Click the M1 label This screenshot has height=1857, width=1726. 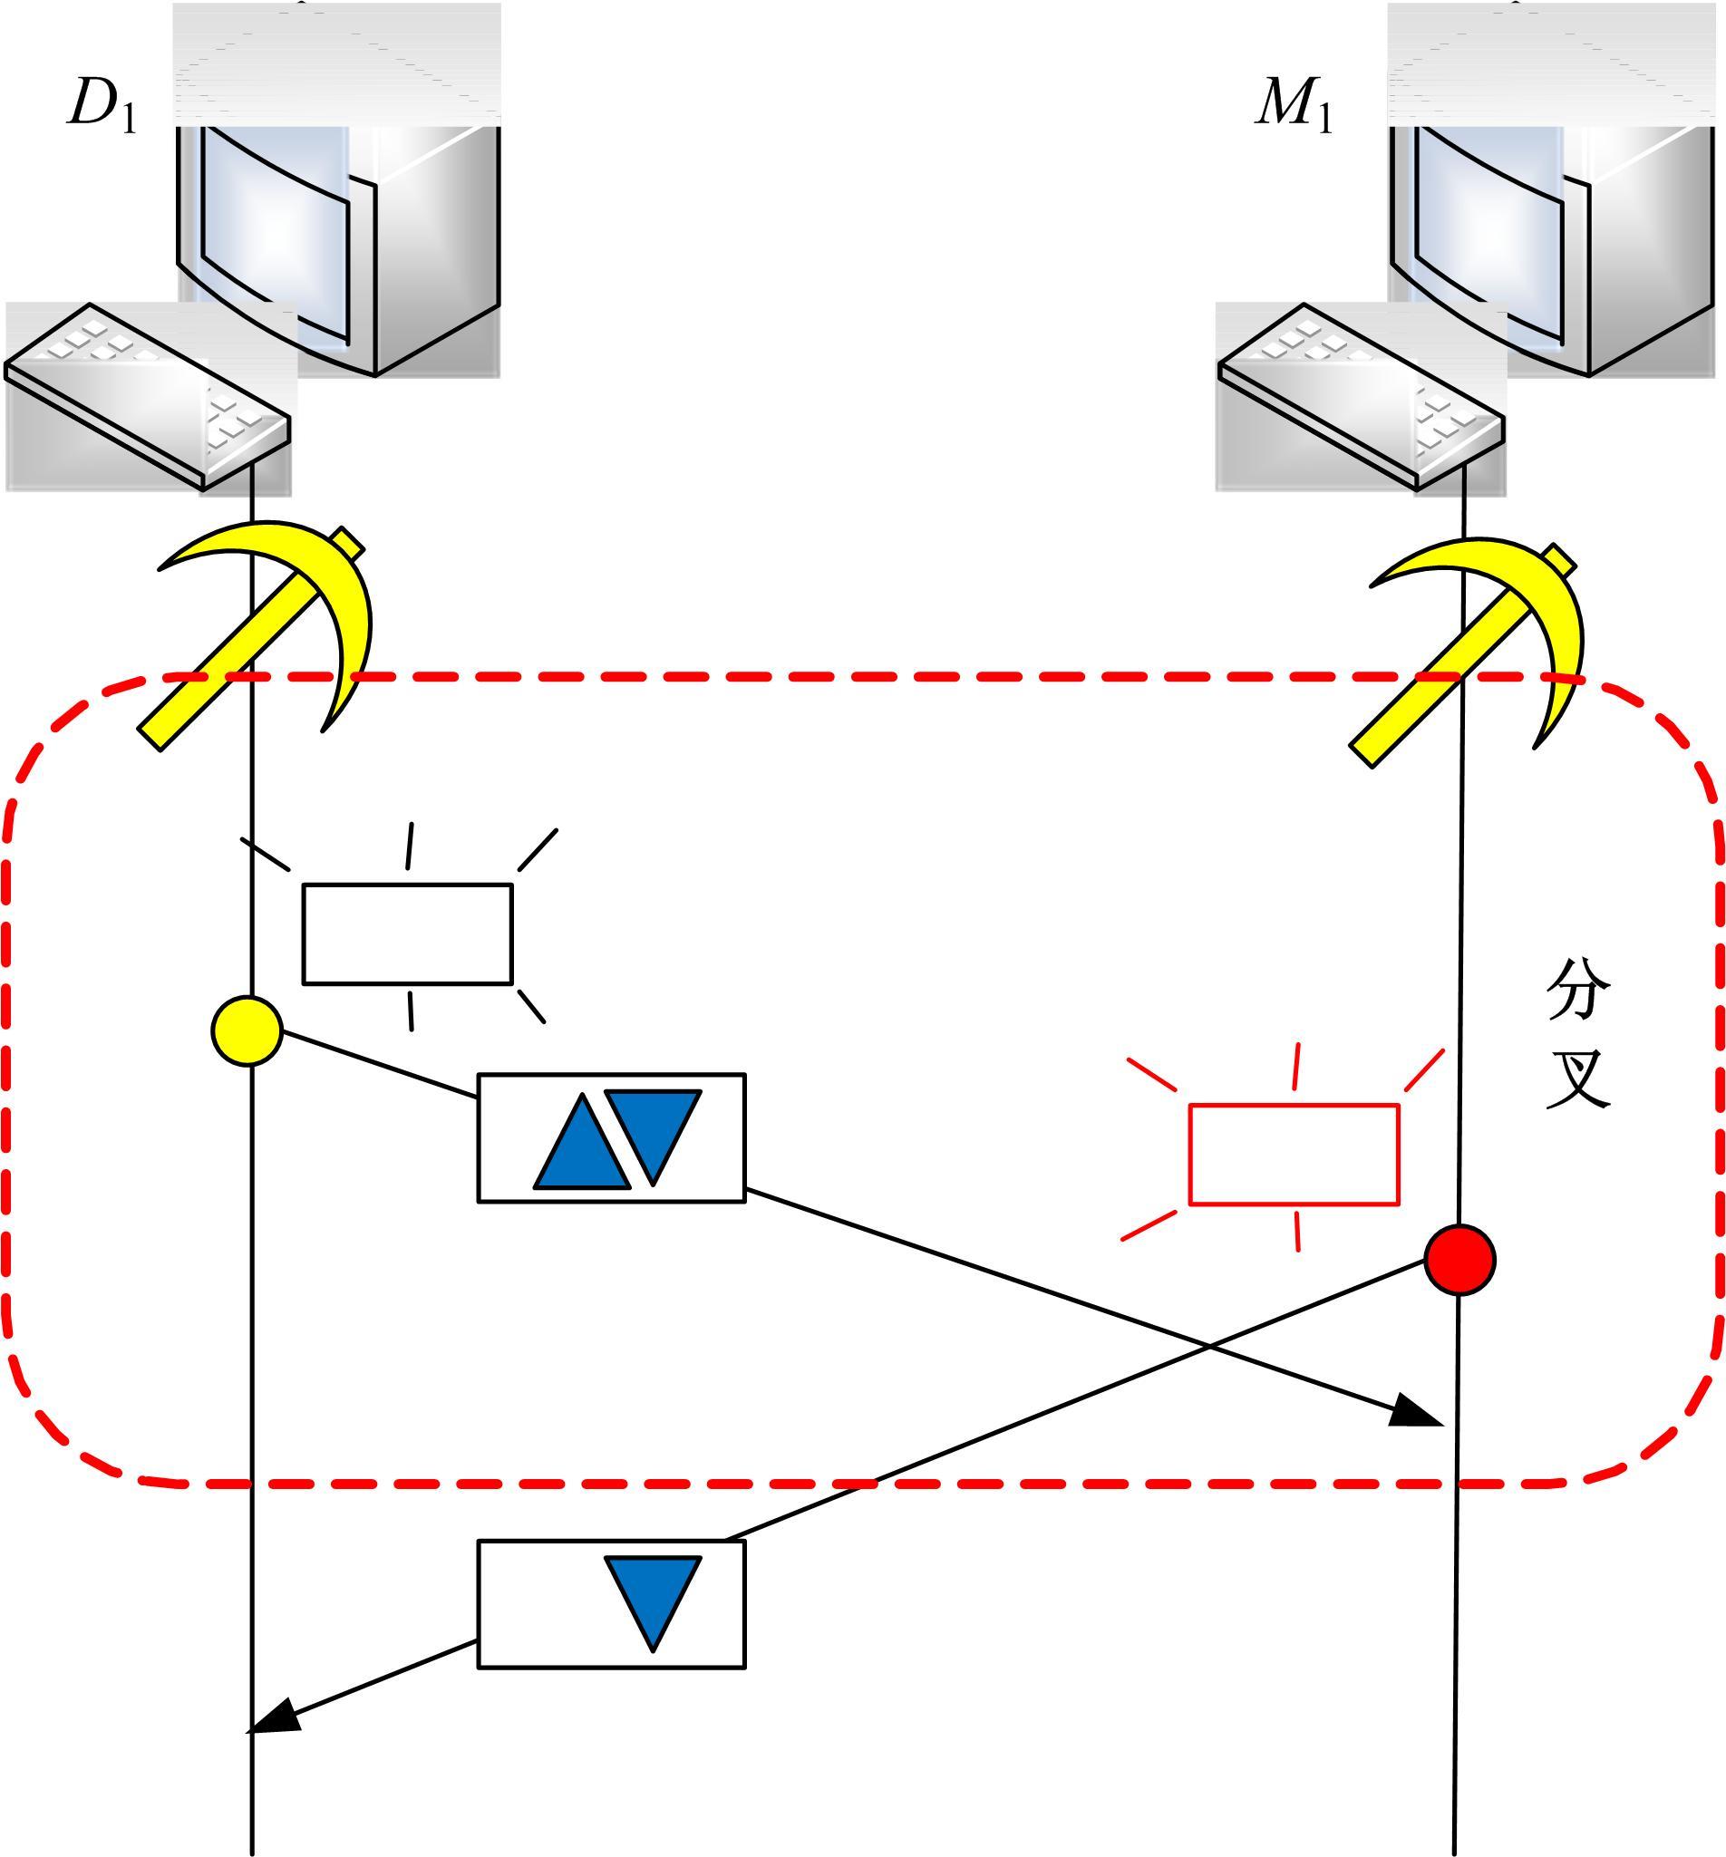(1294, 104)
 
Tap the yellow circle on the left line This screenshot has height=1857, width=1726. (247, 1030)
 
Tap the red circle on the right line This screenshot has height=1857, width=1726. (1459, 1260)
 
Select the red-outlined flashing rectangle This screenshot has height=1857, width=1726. (1294, 1154)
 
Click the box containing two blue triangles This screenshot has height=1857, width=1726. (612, 1137)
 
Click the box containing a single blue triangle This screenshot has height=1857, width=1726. (612, 1604)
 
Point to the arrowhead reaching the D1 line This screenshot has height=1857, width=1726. (273, 1718)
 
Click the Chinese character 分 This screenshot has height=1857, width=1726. (1578, 991)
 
